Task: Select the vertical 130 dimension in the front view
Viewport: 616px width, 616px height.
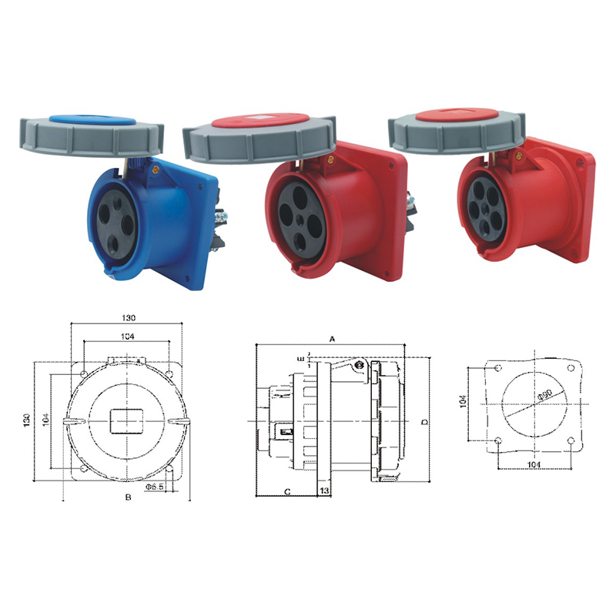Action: [27, 420]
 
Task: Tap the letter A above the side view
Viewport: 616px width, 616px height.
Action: [332, 338]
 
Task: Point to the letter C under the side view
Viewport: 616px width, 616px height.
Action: [286, 490]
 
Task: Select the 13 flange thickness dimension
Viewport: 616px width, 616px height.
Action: [324, 490]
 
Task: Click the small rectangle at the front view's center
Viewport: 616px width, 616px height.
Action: [128, 421]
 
